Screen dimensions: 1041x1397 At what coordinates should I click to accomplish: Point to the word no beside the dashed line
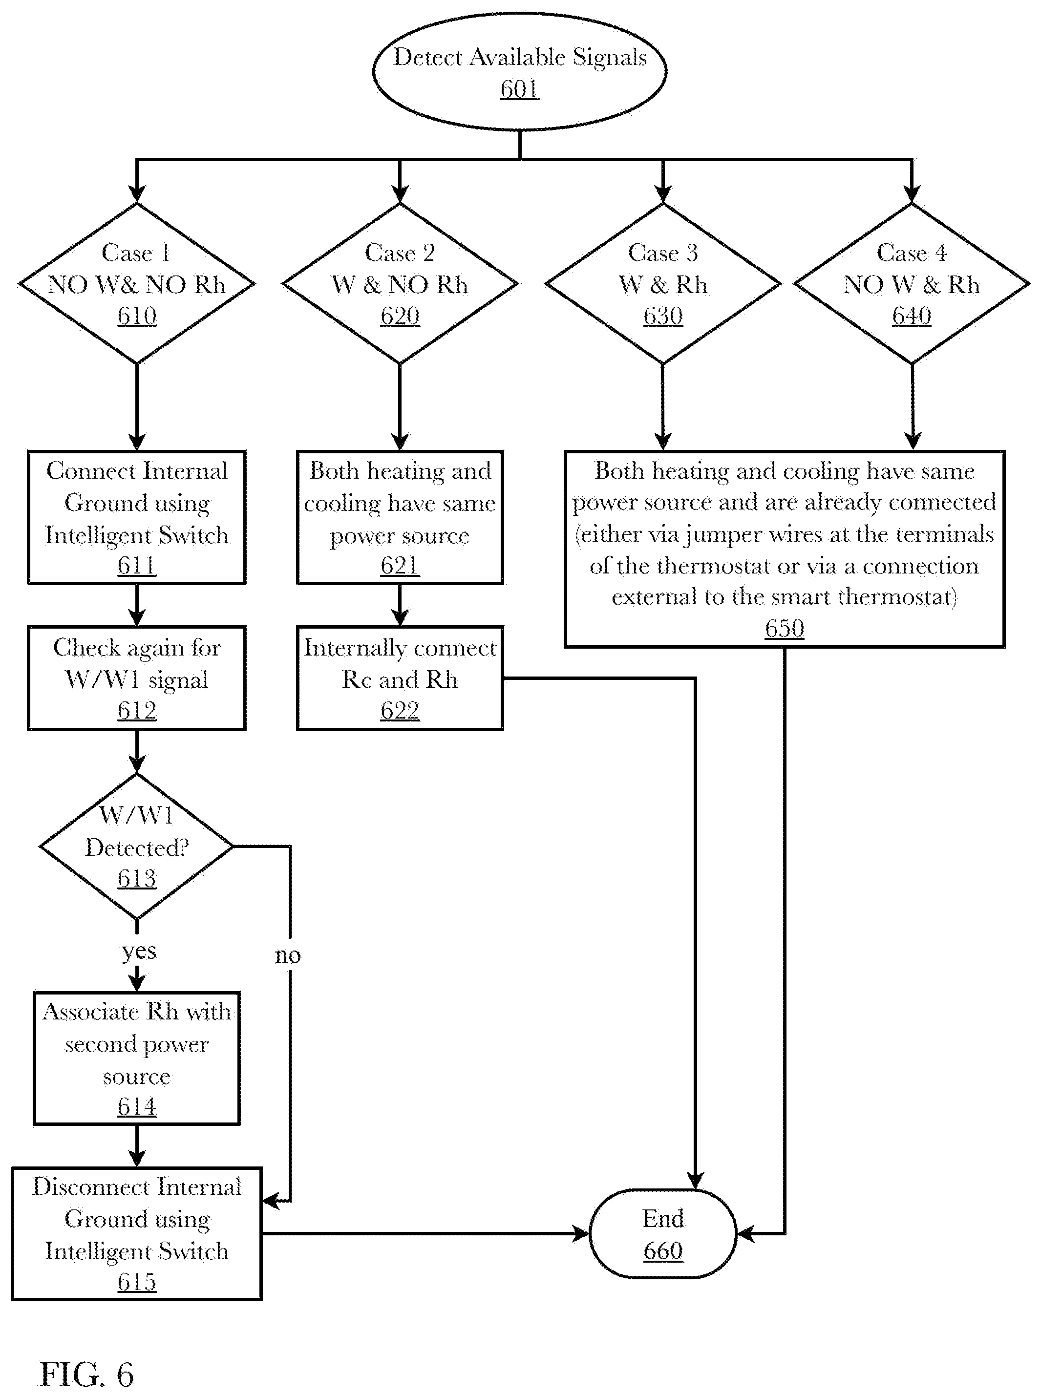pyautogui.click(x=288, y=955)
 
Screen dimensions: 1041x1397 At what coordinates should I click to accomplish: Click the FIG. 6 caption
pyautogui.click(x=87, y=1375)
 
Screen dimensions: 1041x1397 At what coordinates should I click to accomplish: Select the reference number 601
pyautogui.click(x=519, y=89)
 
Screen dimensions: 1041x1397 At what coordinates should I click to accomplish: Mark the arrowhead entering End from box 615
pyautogui.click(x=580, y=1234)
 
